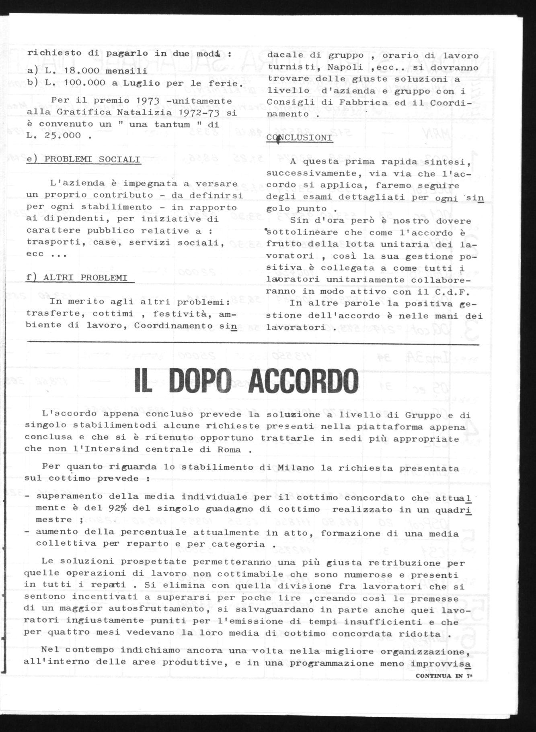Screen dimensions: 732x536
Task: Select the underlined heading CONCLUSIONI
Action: (x=299, y=138)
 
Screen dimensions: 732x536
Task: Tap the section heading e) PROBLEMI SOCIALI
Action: (x=84, y=159)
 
